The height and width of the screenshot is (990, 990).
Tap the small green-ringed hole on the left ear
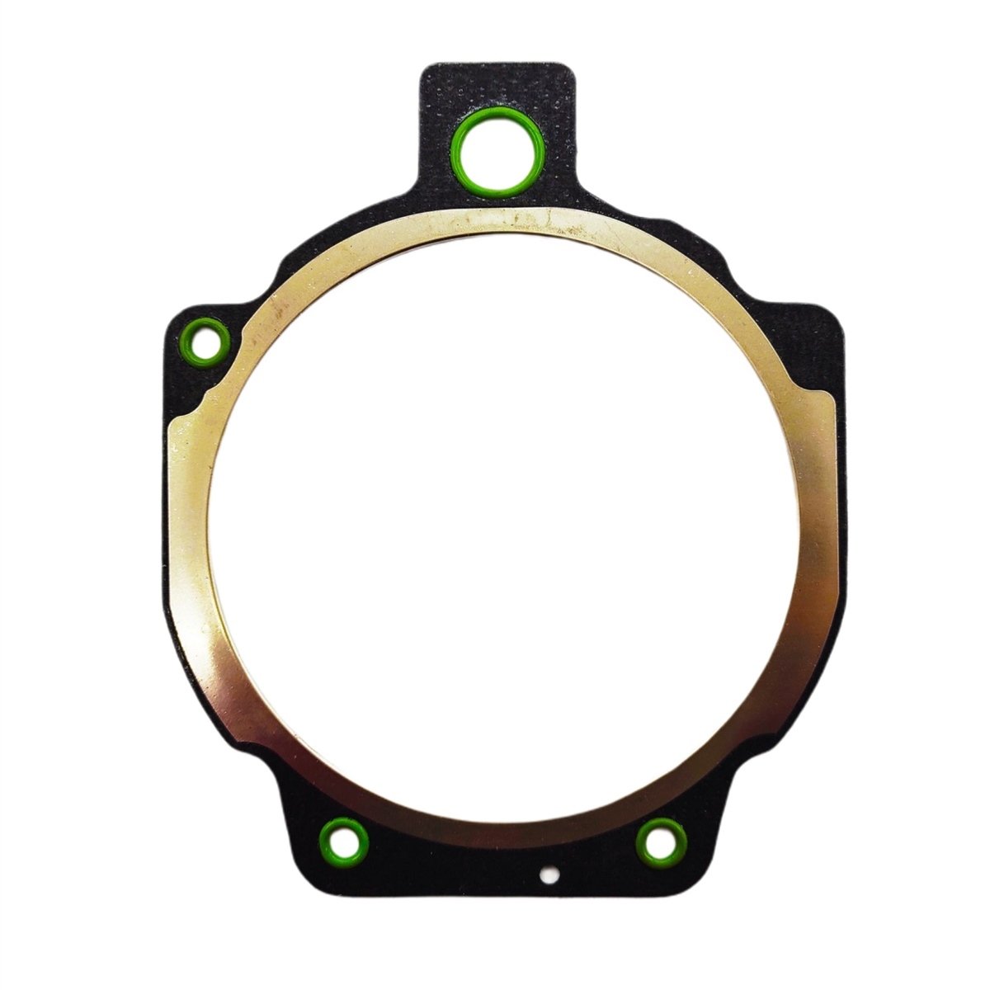pyautogui.click(x=205, y=342)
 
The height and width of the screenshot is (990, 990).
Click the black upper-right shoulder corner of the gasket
pyautogui.click(x=833, y=313)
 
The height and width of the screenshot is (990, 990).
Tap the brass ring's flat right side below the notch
pyautogui.click(x=825, y=511)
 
